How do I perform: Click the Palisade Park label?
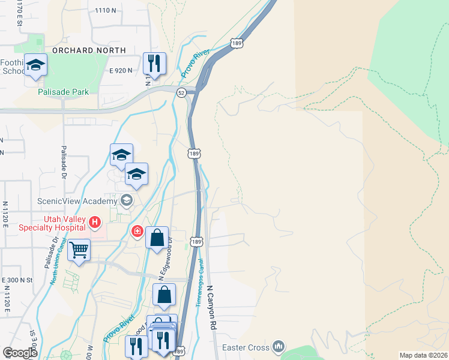click(x=63, y=92)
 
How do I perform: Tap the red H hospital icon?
click(x=94, y=223)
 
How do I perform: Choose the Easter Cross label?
click(x=245, y=347)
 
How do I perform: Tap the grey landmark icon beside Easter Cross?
click(x=278, y=346)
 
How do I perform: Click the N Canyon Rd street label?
click(x=211, y=307)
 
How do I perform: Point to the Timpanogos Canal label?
click(x=199, y=282)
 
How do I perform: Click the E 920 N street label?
click(x=121, y=70)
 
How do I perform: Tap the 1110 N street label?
click(x=105, y=10)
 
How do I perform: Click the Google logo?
click(x=20, y=353)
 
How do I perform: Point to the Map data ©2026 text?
click(x=423, y=355)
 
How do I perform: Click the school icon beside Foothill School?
click(x=35, y=65)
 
